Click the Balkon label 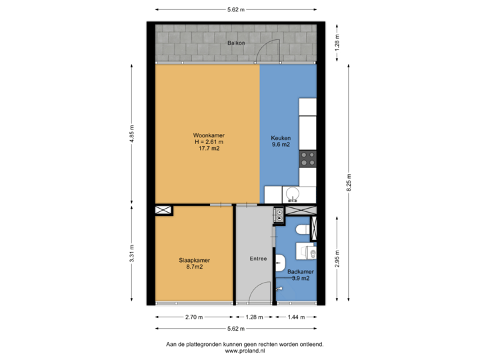point(236,42)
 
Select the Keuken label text point(280,138)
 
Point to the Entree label point(257,259)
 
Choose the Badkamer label point(297,272)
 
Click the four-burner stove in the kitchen point(307,159)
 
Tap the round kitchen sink point(291,194)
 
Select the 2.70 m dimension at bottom point(194,317)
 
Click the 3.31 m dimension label point(132,255)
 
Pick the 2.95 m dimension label point(337,258)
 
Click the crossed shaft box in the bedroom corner point(163,211)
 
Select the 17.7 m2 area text point(209,149)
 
